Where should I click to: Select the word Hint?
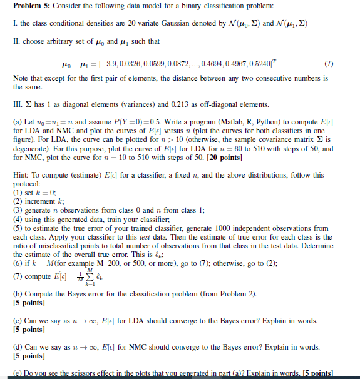point(21,176)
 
